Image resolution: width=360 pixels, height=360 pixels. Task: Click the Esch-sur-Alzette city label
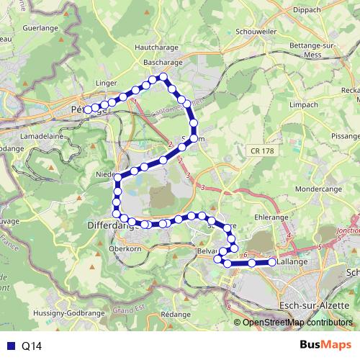(312, 305)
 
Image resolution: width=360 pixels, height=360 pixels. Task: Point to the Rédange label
(176, 315)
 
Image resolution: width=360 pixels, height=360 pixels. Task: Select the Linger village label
(106, 84)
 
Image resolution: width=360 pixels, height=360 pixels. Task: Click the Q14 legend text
(32, 346)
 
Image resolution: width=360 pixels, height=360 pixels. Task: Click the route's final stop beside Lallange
(272, 263)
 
